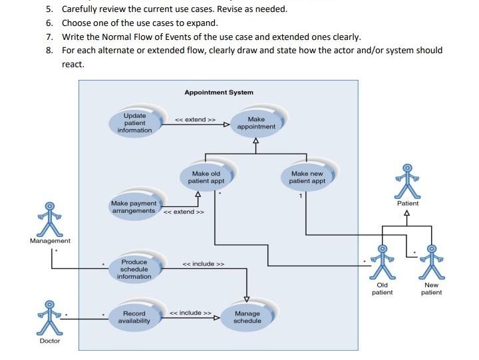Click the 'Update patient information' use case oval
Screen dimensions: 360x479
point(134,122)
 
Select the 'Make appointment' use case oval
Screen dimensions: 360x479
point(256,122)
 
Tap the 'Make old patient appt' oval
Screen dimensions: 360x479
point(206,177)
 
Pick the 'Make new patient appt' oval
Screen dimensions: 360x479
point(307,177)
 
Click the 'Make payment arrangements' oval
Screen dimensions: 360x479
point(134,206)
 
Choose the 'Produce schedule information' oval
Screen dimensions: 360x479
point(134,269)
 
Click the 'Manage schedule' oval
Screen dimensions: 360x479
point(247,317)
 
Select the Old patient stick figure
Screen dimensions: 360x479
point(382,263)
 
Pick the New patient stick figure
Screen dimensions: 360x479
point(432,263)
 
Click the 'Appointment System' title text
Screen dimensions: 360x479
point(219,92)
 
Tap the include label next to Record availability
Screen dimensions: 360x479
point(190,312)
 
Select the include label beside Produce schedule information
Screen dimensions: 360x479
point(204,264)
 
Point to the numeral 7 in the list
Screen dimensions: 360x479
point(49,36)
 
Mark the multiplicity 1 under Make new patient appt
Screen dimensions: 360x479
point(300,196)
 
